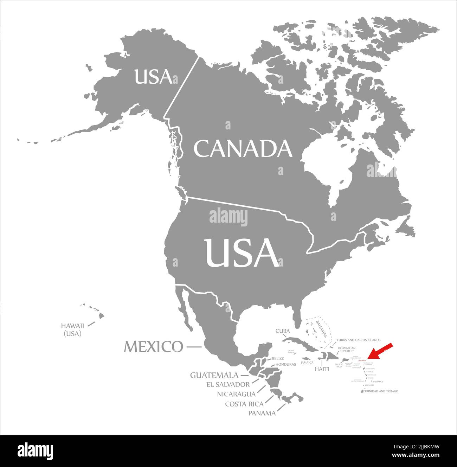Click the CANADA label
tap(243, 148)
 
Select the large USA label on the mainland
tap(242, 252)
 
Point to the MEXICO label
tap(154, 347)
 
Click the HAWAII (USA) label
tap(72, 330)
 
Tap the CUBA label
tap(283, 331)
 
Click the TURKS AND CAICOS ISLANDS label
tap(358, 340)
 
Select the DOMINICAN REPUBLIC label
tap(347, 350)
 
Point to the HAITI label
tap(322, 369)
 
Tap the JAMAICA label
tap(307, 363)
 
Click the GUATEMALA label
tap(214, 375)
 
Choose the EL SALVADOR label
tap(228, 384)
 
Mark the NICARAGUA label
tap(236, 394)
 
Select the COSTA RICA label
tap(244, 404)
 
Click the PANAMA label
tap(262, 413)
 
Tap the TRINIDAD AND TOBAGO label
tap(381, 391)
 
